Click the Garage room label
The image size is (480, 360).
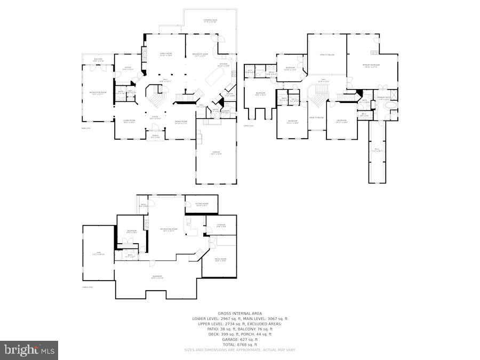216,153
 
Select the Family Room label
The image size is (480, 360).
166,54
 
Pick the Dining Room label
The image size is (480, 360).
181,122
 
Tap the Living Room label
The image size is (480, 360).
128,121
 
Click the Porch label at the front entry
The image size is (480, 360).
155,136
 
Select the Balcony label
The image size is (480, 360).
98,60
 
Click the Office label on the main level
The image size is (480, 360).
127,68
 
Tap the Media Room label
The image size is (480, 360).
220,259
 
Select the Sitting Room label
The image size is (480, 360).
202,204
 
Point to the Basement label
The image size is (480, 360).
157,277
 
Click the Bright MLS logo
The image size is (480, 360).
29,350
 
